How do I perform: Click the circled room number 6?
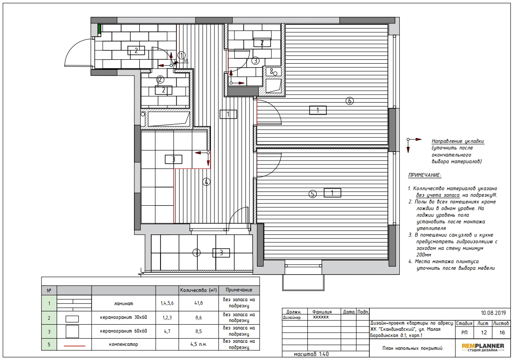[349, 101]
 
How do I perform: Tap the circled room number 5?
[313, 194]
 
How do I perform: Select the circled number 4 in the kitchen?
[206, 182]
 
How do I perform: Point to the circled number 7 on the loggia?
[196, 253]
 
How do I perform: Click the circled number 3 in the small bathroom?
[255, 61]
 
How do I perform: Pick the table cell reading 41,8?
[199, 303]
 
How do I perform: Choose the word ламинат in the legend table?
[124, 303]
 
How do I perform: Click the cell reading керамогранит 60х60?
[124, 331]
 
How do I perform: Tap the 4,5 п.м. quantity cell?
[199, 344]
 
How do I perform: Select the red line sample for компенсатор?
[74, 345]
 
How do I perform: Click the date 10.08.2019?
[493, 313]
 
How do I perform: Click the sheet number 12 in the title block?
[483, 333]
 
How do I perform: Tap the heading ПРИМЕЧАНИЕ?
[425, 176]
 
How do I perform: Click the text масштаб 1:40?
[311, 354]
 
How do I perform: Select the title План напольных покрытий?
[412, 348]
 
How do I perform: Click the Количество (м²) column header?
[199, 290]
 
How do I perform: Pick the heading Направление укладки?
[458, 142]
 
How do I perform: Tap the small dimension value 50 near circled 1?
[185, 61]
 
